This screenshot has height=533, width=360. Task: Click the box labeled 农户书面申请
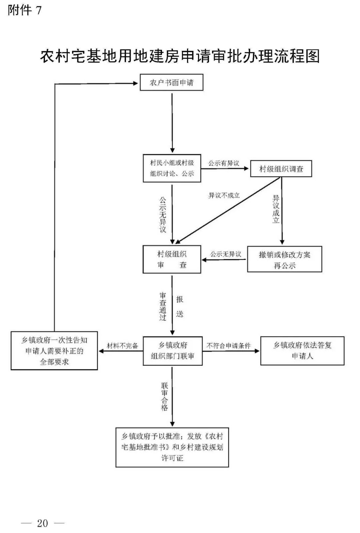coord(171,83)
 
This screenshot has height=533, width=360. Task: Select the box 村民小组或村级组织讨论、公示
coord(172,168)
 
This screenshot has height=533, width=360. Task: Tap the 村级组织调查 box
coord(281,169)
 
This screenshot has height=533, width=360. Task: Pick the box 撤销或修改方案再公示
coord(284,260)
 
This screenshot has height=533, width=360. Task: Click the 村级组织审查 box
coord(172,259)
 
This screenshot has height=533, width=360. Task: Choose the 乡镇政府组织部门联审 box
coord(172,351)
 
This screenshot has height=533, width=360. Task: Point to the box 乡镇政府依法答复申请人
coord(302,351)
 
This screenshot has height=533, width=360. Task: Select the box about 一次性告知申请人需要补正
coord(54,351)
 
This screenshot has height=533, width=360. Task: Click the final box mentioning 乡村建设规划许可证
coord(172,447)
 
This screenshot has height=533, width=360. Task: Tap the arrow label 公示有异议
coord(224,163)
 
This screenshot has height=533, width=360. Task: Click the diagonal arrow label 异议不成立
coord(224,196)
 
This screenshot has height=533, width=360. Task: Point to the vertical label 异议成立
coord(276,209)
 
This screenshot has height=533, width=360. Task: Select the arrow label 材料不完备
coord(122,346)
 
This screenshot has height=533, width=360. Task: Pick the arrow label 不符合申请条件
coord(228,346)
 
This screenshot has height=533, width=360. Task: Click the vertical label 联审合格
coord(164,397)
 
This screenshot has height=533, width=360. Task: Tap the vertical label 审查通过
coord(163,307)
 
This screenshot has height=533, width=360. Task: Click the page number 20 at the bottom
coord(43,523)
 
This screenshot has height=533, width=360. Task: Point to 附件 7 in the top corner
coord(25,10)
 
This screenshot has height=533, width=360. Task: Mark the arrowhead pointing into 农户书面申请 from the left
coord(135,83)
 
